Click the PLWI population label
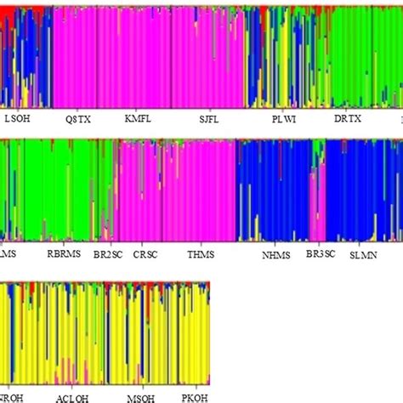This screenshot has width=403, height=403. click(283, 120)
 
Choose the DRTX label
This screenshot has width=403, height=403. click(348, 120)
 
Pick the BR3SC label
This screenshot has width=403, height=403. click(321, 253)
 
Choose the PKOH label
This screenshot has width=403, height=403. click(195, 397)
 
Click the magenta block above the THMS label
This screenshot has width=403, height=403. click(201, 191)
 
